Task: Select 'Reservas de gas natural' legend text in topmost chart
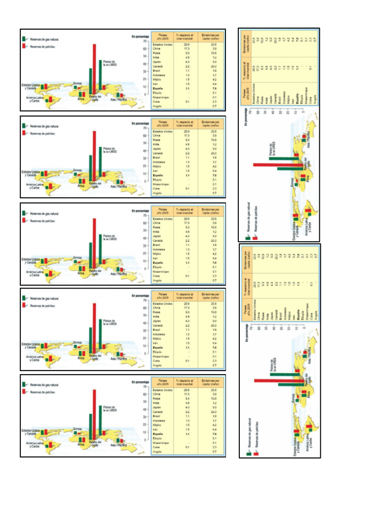[44, 38]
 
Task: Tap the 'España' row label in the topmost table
[158, 88]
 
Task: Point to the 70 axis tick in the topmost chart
[145, 42]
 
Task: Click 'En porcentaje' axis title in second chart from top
[140, 123]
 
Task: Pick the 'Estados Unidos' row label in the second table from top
[163, 132]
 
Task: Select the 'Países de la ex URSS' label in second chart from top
[110, 150]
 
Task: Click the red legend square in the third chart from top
[24, 220]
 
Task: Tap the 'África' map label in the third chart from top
[81, 273]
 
